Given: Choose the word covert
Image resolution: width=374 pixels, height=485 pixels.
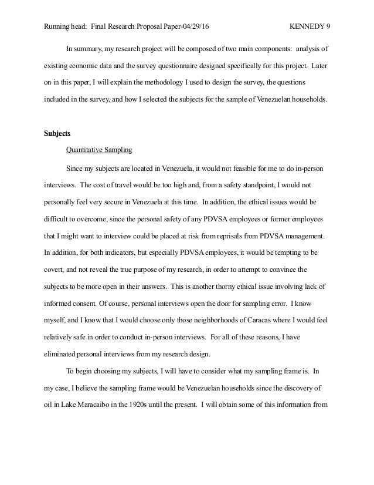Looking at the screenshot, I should [x=55, y=270].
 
